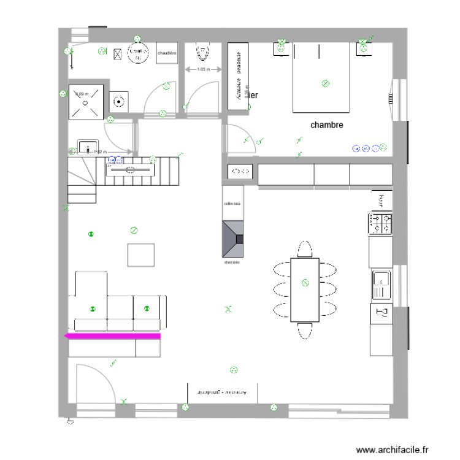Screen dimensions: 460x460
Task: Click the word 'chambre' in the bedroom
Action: coord(326,125)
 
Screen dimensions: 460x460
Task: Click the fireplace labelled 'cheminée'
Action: coord(233,239)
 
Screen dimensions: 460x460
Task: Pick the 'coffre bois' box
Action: coord(233,204)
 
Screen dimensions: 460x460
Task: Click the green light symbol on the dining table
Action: coord(305,283)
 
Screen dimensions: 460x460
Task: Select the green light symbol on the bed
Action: coord(326,83)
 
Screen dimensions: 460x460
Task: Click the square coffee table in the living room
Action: coord(141,255)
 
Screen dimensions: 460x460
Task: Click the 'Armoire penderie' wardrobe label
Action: coord(235,77)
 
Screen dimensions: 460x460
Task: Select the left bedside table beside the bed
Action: coord(281,47)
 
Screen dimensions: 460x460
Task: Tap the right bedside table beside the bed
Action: coord(364,47)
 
